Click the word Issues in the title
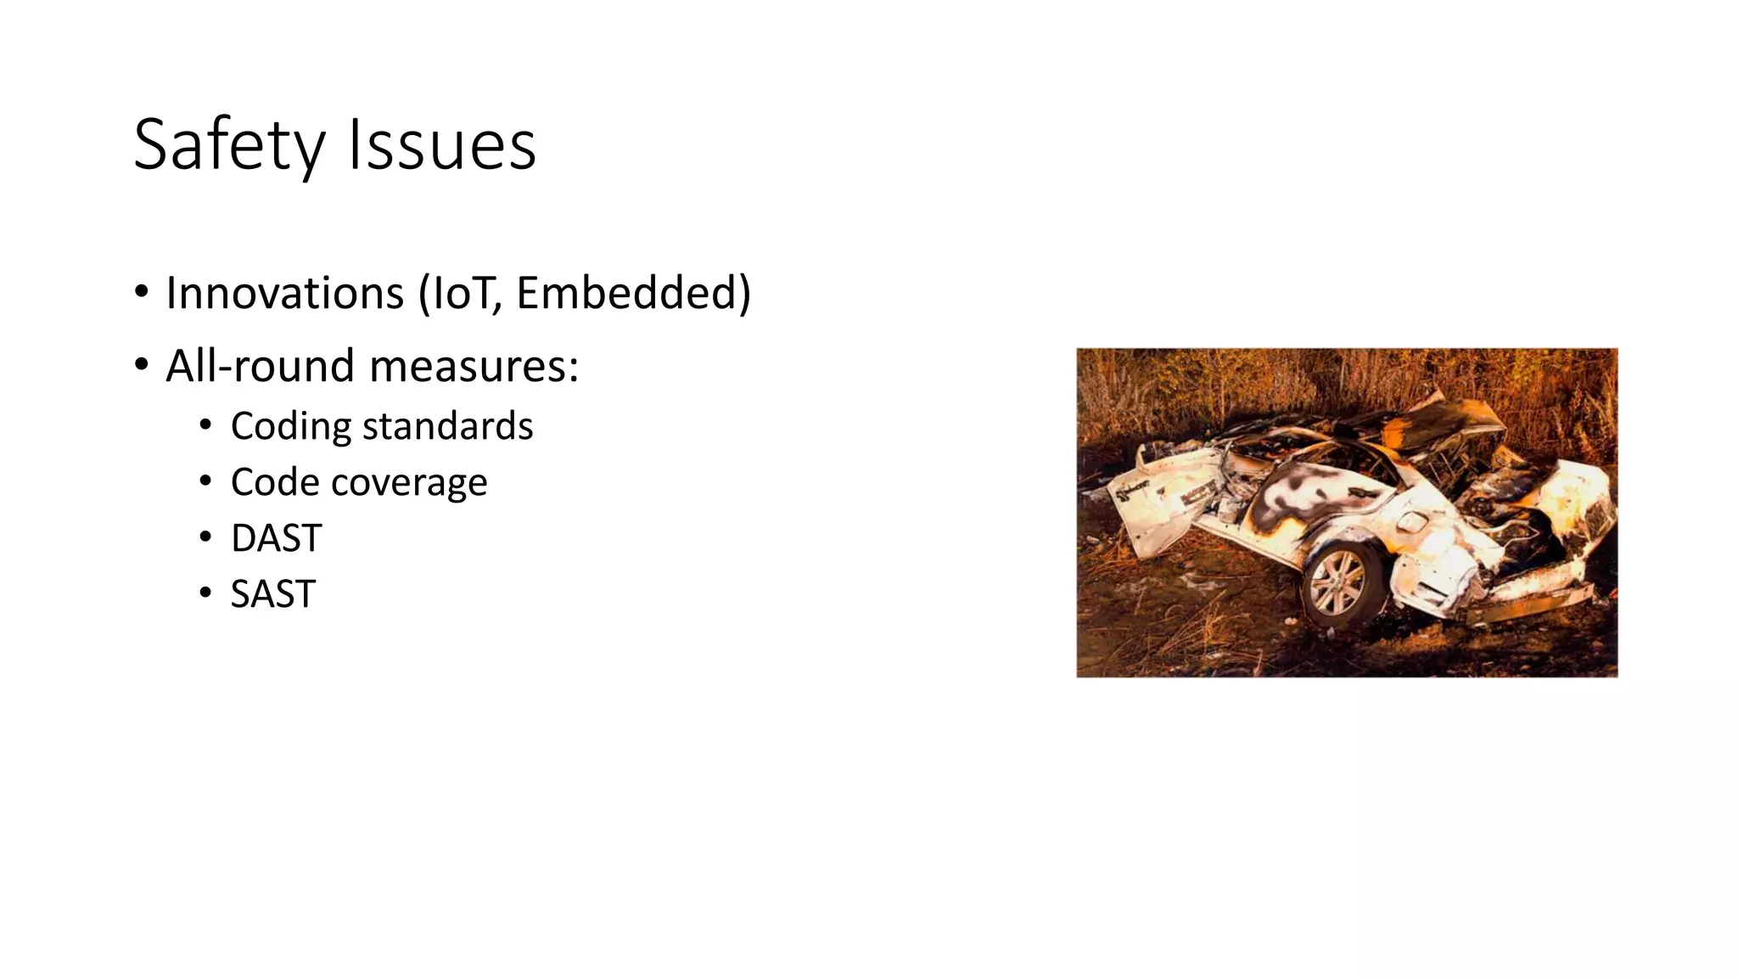tap(442, 146)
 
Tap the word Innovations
tap(284, 294)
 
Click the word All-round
tap(260, 367)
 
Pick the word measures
tap(474, 367)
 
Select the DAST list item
tap(276, 538)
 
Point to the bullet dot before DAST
tap(205, 537)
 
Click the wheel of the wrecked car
tap(1339, 584)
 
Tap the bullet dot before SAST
tap(205, 593)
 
